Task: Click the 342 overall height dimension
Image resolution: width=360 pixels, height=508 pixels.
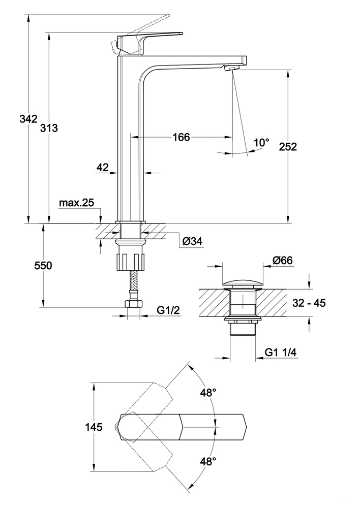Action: pyautogui.click(x=28, y=119)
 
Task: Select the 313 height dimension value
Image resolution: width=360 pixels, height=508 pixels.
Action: pyautogui.click(x=49, y=128)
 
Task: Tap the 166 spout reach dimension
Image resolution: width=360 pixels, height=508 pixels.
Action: pyautogui.click(x=181, y=137)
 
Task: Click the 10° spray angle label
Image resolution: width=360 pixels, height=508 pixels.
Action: pyautogui.click(x=261, y=143)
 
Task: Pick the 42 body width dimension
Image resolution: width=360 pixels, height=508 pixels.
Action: pyautogui.click(x=103, y=167)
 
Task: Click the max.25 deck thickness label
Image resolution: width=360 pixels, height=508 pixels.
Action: pyautogui.click(x=76, y=203)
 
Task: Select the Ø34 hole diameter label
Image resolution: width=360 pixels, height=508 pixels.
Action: pyautogui.click(x=192, y=241)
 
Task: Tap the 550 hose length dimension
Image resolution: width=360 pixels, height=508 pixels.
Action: pyautogui.click(x=43, y=266)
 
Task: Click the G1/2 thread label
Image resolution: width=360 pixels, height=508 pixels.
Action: pyautogui.click(x=167, y=309)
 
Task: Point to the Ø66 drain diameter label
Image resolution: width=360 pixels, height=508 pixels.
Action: pyautogui.click(x=282, y=260)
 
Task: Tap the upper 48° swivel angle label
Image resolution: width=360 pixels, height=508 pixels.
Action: pyautogui.click(x=208, y=393)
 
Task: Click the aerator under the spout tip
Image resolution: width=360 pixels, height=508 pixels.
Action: pyautogui.click(x=231, y=69)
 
